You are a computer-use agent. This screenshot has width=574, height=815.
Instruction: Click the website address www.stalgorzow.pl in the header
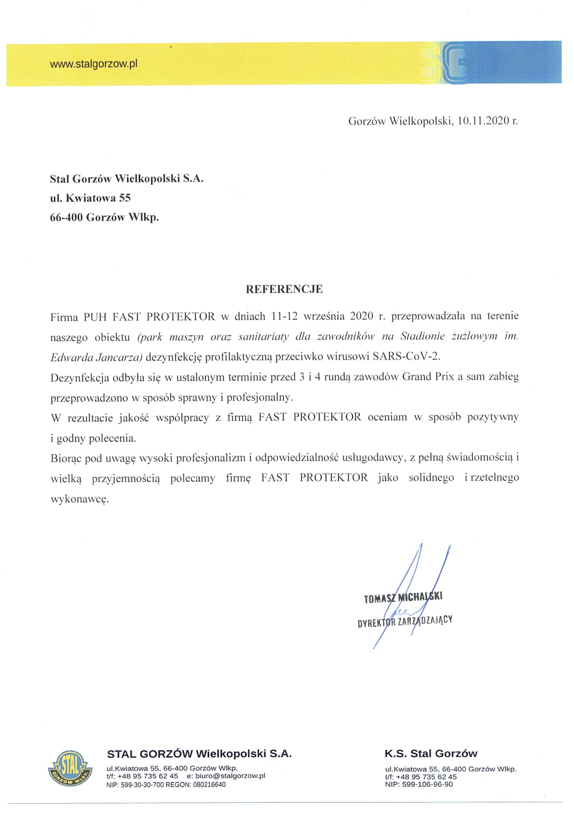pyautogui.click(x=94, y=64)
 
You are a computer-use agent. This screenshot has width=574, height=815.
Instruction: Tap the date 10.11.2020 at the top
pyautogui.click(x=483, y=121)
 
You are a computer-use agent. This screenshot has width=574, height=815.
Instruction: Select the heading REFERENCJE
pyautogui.click(x=284, y=289)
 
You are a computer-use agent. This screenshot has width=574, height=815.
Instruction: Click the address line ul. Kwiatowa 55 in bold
pyautogui.click(x=90, y=198)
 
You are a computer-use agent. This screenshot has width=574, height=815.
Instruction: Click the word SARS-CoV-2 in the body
pyautogui.click(x=407, y=356)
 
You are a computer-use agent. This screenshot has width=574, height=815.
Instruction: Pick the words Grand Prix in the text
pyautogui.click(x=428, y=377)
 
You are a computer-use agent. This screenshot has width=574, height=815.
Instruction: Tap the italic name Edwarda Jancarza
pyautogui.click(x=96, y=358)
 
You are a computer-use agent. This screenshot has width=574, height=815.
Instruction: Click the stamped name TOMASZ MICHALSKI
pyautogui.click(x=403, y=597)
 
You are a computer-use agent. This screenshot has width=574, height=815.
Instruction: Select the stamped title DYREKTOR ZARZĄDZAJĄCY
pyautogui.click(x=405, y=621)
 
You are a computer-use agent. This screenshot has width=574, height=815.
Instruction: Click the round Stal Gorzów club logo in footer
pyautogui.click(x=70, y=768)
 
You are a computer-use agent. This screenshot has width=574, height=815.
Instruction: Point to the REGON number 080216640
pyautogui.click(x=209, y=785)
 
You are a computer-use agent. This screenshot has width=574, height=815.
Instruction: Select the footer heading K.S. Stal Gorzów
pyautogui.click(x=431, y=753)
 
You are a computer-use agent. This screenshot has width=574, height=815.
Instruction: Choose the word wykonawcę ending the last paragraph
pyautogui.click(x=80, y=499)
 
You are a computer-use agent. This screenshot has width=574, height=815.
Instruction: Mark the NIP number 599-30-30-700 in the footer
pyautogui.click(x=142, y=785)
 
